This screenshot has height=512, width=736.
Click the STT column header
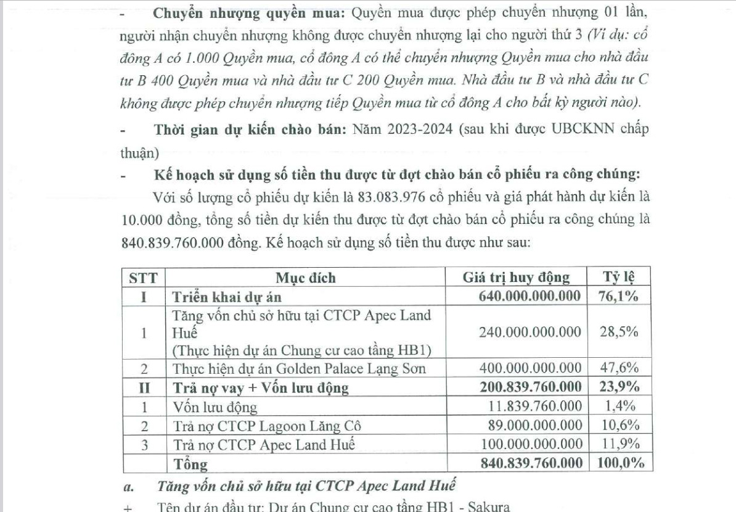[x=142, y=278]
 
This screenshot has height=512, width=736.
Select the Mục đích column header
[x=306, y=278]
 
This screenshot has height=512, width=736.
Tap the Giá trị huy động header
[x=516, y=278]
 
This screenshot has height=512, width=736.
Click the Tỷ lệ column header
[x=618, y=278]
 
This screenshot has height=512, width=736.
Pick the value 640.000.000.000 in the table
[x=530, y=296]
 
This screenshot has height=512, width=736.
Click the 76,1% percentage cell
[x=618, y=296]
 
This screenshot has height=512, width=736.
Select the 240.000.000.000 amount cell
[x=530, y=332]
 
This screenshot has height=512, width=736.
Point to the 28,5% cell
[x=618, y=332]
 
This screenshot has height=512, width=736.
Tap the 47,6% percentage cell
[x=618, y=369]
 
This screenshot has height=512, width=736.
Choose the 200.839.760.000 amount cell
[x=530, y=388]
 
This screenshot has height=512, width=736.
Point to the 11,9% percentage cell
[x=618, y=444]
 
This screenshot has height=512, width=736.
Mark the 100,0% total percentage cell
[x=618, y=463]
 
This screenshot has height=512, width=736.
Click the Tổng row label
[x=190, y=463]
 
